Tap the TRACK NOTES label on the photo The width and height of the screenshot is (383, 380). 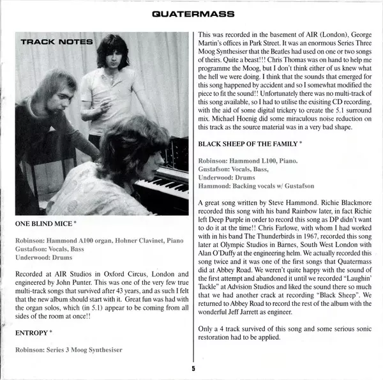tap(57, 42)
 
